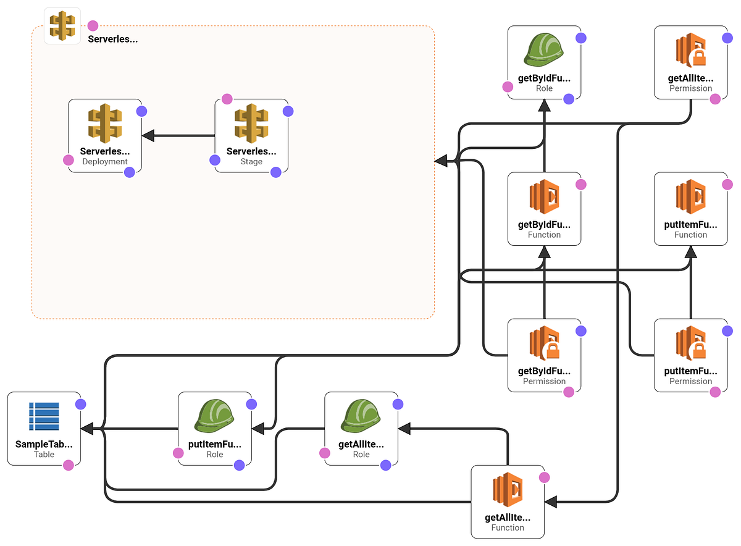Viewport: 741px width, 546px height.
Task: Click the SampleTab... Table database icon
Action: pos(44,416)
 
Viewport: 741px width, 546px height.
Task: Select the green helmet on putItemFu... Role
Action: pos(215,416)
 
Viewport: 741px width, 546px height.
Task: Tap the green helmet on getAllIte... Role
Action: pos(361,416)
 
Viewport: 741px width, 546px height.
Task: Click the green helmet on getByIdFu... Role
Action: pos(544,50)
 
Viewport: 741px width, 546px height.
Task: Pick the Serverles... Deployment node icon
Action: pos(105,123)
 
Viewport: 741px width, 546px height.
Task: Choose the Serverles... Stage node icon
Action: pos(251,123)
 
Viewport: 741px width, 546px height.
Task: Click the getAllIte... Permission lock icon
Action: pos(691,50)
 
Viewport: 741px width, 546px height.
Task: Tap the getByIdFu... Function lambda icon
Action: pos(544,196)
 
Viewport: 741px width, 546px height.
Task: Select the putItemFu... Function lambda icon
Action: pos(691,196)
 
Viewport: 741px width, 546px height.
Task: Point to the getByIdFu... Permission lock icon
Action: pos(544,343)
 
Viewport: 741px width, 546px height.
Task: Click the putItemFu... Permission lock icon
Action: pos(691,343)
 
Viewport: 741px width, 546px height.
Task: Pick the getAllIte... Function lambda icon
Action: pos(508,489)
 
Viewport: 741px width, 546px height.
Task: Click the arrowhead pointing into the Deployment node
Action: pos(148,135)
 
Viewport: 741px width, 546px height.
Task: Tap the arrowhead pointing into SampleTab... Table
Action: pos(87,429)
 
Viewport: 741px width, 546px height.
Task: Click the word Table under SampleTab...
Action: pos(44,454)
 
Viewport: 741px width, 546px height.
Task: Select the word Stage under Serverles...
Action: pos(251,161)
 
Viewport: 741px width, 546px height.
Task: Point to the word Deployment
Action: pos(105,161)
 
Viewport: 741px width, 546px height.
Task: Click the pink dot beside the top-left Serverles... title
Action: pos(93,26)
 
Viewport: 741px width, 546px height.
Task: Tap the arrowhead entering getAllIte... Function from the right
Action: pos(551,502)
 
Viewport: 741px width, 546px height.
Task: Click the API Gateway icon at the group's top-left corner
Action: pos(62,26)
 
